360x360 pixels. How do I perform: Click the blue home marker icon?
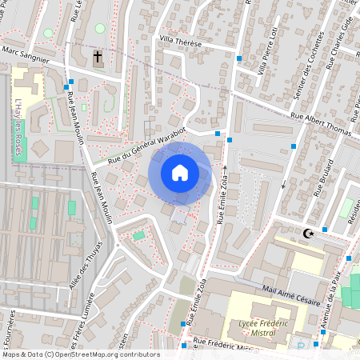tap(180, 172)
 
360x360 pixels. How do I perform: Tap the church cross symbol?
tap(98, 58)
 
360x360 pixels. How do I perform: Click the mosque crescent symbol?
tap(308, 234)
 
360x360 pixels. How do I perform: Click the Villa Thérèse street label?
tap(182, 39)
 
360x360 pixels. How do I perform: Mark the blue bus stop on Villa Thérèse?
tap(238, 58)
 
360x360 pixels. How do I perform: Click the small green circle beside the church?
tap(100, 28)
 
